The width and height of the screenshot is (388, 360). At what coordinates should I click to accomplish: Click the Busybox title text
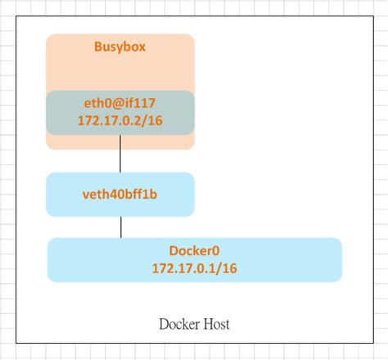click(120, 47)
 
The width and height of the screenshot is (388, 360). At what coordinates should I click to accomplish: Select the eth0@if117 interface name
click(120, 103)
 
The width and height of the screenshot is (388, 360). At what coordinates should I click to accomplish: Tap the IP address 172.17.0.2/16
click(120, 120)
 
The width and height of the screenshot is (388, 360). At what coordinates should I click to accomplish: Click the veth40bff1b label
click(120, 195)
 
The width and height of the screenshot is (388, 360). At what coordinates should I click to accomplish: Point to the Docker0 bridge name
click(194, 251)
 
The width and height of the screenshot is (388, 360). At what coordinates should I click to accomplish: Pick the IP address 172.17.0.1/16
click(194, 268)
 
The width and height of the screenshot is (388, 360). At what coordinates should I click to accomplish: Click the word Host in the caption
click(215, 325)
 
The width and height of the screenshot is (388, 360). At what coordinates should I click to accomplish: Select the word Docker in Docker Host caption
click(177, 325)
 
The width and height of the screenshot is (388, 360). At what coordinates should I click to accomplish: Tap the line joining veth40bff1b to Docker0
click(121, 227)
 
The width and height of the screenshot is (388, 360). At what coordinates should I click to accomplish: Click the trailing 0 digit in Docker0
click(217, 251)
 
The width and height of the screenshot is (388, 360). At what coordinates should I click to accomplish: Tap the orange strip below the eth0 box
click(120, 142)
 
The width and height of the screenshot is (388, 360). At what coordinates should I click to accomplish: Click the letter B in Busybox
click(98, 47)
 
